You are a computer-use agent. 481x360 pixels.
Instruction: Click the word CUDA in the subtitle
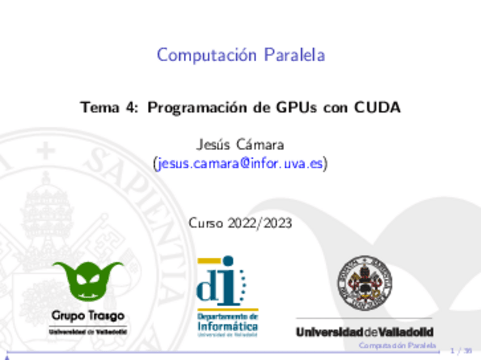[377, 107]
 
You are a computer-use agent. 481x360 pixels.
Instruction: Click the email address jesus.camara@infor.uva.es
[241, 164]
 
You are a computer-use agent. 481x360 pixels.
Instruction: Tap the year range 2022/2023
[260, 223]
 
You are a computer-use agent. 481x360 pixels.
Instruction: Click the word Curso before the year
[206, 223]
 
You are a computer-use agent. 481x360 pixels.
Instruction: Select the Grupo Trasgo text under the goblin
[88, 315]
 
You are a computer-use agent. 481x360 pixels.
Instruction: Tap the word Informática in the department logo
[227, 327]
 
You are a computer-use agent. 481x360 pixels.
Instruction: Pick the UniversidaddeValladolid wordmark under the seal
[364, 332]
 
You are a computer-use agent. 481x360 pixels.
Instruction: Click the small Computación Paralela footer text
[397, 345]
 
